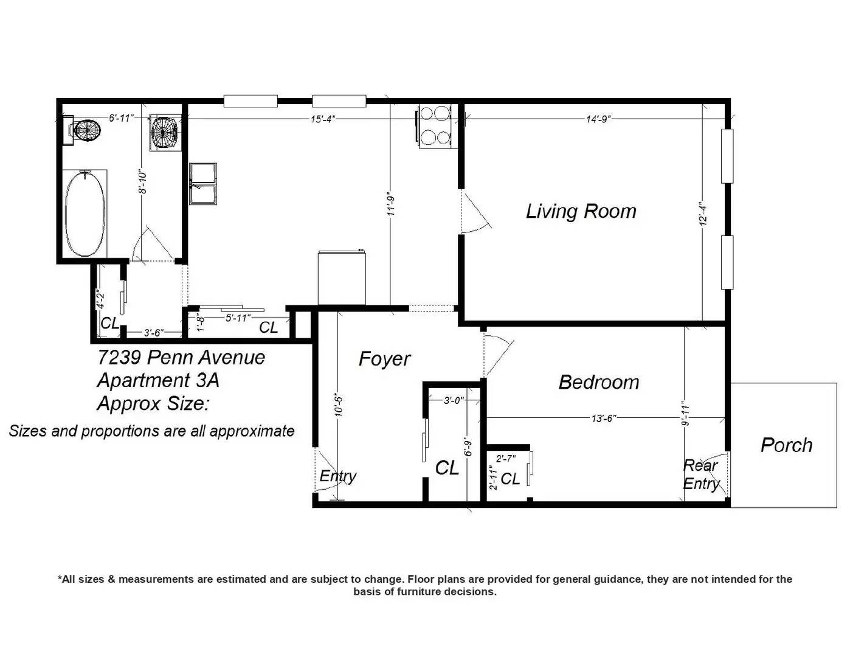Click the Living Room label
click(x=581, y=211)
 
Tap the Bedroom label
click(x=598, y=382)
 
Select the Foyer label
click(x=384, y=359)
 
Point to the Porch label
click(x=787, y=445)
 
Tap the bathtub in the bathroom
click(x=85, y=214)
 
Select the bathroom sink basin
click(x=165, y=131)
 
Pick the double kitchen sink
click(x=203, y=184)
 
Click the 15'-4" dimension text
click(x=323, y=119)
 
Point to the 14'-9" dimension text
click(x=598, y=119)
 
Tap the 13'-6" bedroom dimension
click(x=604, y=419)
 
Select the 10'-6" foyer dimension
click(x=338, y=406)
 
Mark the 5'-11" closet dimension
click(x=238, y=318)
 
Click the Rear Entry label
click(x=701, y=474)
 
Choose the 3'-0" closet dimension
click(x=454, y=400)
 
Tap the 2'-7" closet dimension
click(x=506, y=458)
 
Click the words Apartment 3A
click(x=158, y=380)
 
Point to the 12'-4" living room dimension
click(x=703, y=214)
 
